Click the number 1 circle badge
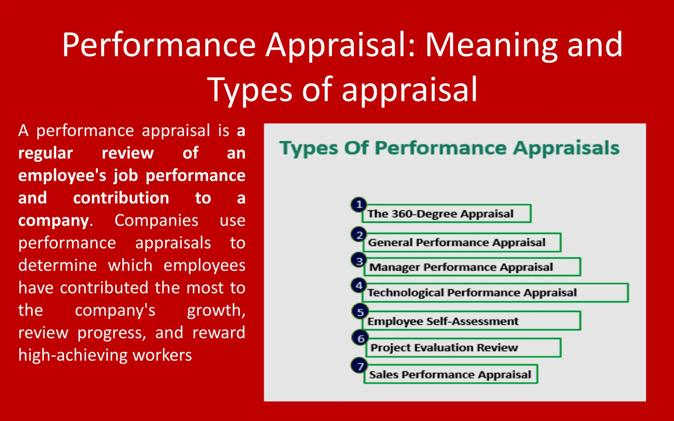pos(359,205)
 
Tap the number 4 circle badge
pos(359,285)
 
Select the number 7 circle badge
pos(360,366)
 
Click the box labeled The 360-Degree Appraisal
pos(447,214)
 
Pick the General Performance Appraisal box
pos(462,243)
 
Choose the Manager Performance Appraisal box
pos(472,267)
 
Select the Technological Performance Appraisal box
pos(495,293)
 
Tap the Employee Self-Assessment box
pos(471,321)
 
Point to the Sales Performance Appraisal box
pos(451,374)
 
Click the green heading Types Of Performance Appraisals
pos(450,148)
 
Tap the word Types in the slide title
pos(249,89)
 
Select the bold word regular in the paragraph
pos(45,153)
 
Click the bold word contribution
pos(121,198)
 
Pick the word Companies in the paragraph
pos(156,220)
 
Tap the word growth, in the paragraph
pos(216,310)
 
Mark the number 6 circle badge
pos(361,338)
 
